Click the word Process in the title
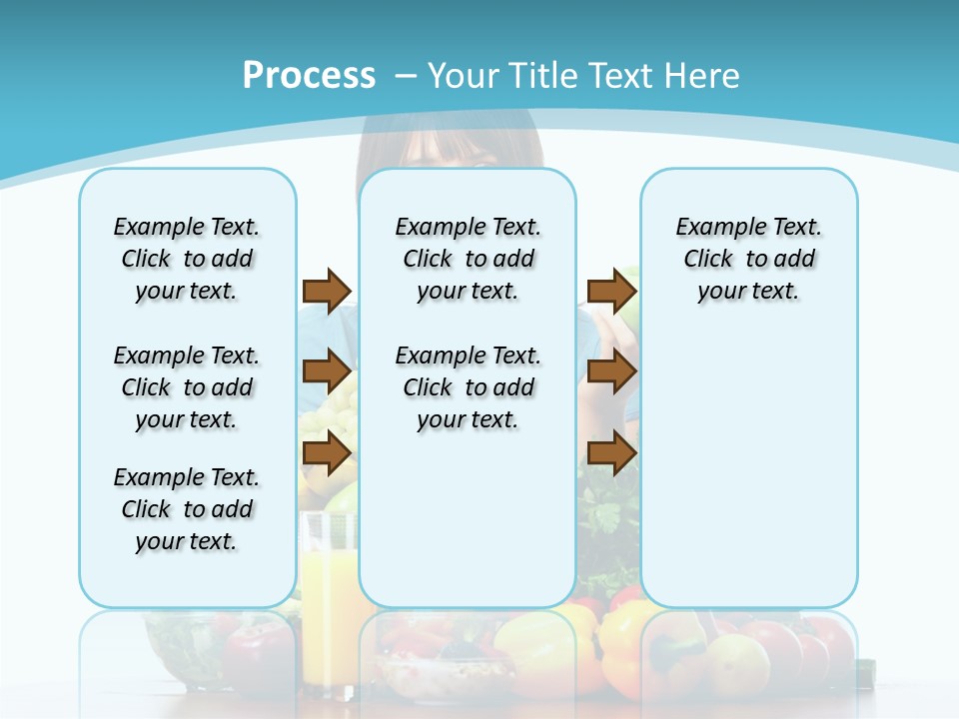309,76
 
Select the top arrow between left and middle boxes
327,291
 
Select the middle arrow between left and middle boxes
327,372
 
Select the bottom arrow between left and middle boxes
327,454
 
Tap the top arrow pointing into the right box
611,291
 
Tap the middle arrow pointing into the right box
611,372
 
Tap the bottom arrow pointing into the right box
611,454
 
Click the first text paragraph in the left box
187,259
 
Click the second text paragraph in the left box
187,387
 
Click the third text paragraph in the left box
187,509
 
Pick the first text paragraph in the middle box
469,259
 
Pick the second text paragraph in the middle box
469,387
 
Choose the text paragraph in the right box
749,259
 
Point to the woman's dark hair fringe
450,140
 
